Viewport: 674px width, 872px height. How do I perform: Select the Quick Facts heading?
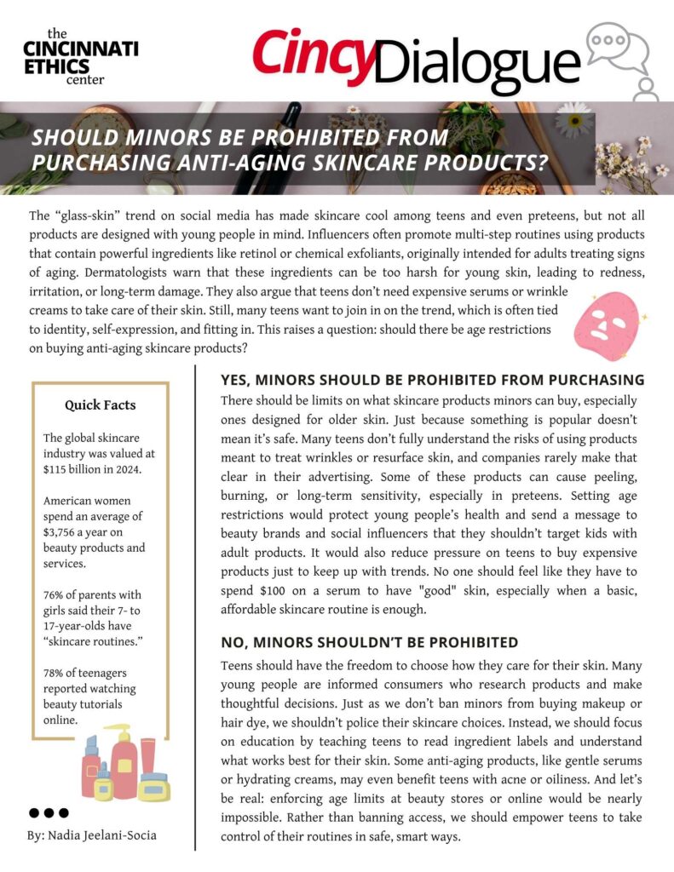tap(100, 405)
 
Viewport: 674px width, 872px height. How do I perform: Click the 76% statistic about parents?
tap(54, 594)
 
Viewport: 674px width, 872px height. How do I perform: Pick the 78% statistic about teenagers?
tap(54, 674)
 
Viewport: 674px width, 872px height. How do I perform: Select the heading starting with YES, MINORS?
tap(432, 380)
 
